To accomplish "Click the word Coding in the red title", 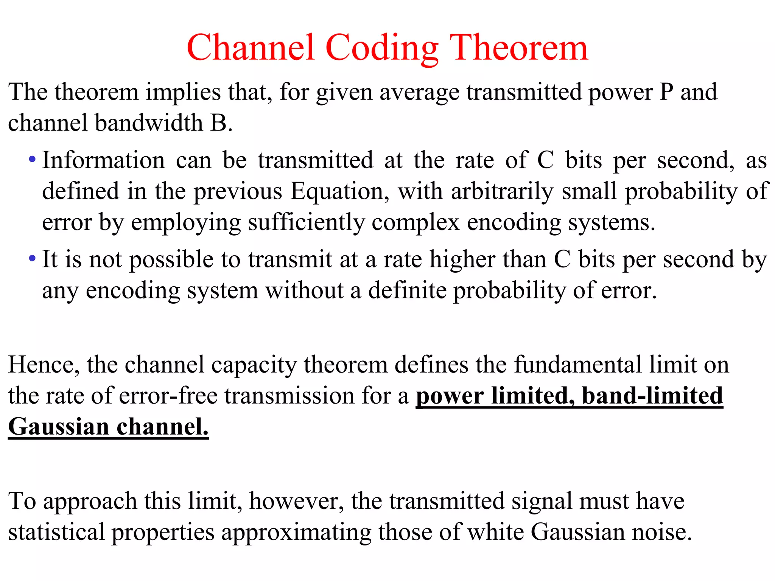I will point(381,48).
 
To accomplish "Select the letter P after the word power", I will point(666,92).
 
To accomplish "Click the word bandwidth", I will point(149,123).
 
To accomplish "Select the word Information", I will point(103,160).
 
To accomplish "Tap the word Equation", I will point(339,191).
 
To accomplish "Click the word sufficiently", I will point(306,222).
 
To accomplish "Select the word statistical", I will point(56,532).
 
